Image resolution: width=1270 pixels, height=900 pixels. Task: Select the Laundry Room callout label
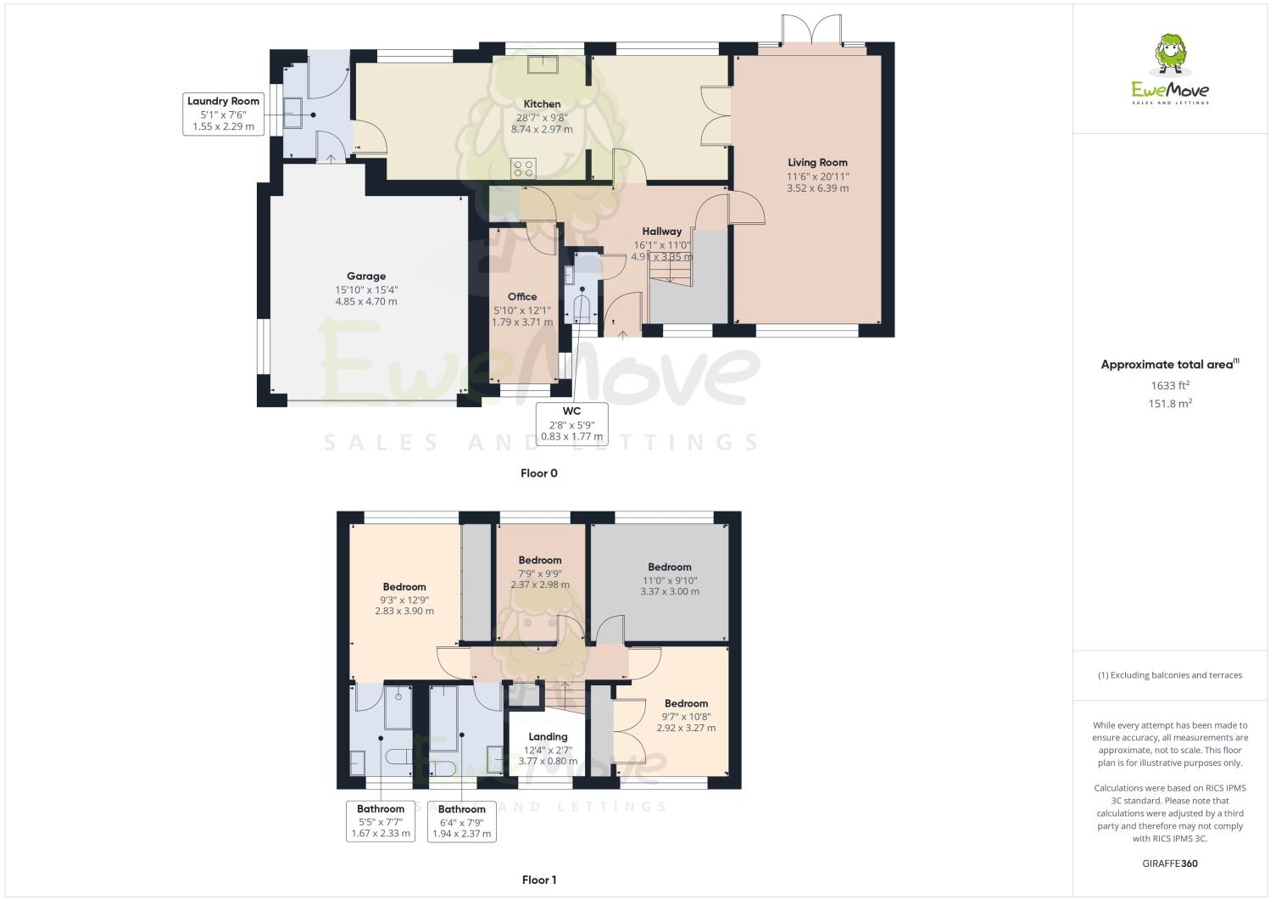tap(224, 114)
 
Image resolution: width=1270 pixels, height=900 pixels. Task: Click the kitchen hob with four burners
tap(523, 169)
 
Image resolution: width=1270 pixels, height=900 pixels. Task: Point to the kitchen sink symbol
tap(541, 65)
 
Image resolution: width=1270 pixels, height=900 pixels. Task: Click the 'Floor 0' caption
tap(539, 473)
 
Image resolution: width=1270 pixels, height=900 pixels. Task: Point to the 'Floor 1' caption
tap(539, 880)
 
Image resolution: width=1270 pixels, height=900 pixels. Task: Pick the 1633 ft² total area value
tap(1170, 385)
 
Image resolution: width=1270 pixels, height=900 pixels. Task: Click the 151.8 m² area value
tap(1170, 404)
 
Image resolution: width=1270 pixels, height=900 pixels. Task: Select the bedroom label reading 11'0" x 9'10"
tap(670, 579)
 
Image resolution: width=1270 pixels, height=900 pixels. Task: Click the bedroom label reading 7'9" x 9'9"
tap(540, 573)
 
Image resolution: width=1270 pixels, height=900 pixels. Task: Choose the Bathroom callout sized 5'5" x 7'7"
tap(381, 821)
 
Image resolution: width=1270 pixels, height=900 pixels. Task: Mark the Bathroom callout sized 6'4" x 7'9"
tap(462, 821)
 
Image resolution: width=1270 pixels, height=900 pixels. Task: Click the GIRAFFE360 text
tap(1170, 864)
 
